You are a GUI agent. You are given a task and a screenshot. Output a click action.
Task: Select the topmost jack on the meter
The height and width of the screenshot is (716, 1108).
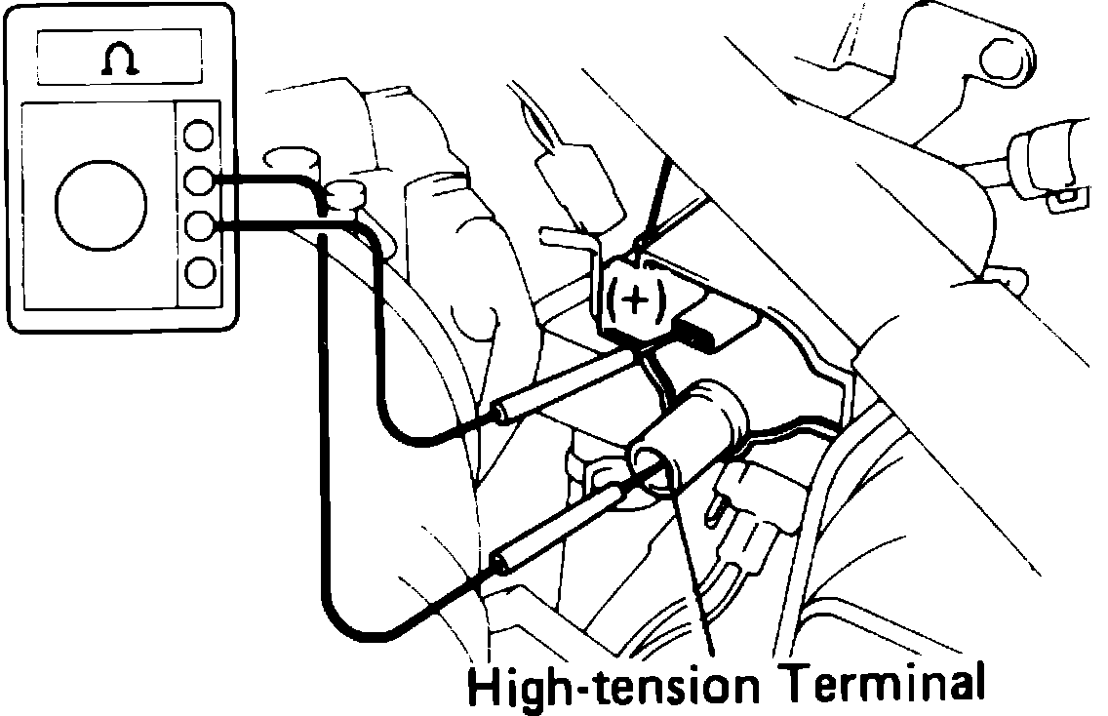point(200,134)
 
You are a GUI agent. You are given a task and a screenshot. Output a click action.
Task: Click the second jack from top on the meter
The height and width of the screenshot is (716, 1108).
point(200,179)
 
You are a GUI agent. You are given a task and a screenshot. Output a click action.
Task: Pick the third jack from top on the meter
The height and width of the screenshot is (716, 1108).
point(200,225)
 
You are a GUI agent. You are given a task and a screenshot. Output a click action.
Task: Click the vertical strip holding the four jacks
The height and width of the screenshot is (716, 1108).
point(200,203)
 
